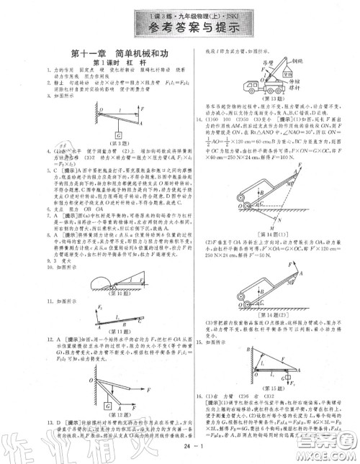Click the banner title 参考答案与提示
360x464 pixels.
[181, 29]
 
